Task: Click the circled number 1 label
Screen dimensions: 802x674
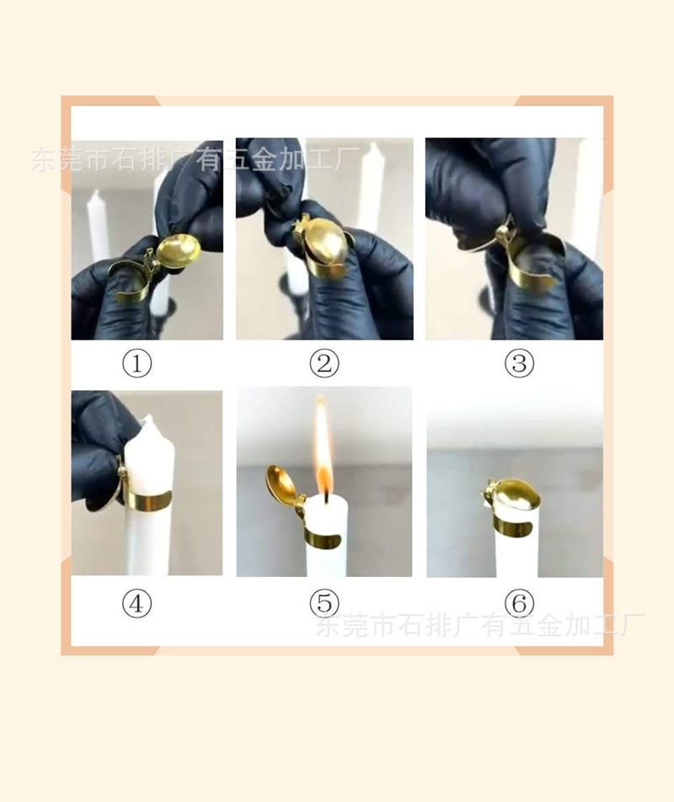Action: pyautogui.click(x=137, y=364)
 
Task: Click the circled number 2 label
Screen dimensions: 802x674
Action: pyautogui.click(x=324, y=364)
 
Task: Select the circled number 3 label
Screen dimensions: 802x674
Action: pyautogui.click(x=519, y=364)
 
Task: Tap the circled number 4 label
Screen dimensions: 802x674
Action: pyautogui.click(x=137, y=603)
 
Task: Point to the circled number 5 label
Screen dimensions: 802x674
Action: pyautogui.click(x=324, y=603)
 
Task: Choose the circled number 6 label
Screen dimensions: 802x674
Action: pyautogui.click(x=519, y=603)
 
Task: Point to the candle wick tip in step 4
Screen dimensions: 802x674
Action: pyautogui.click(x=149, y=418)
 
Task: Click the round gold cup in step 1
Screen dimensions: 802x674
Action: pyautogui.click(x=178, y=250)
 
